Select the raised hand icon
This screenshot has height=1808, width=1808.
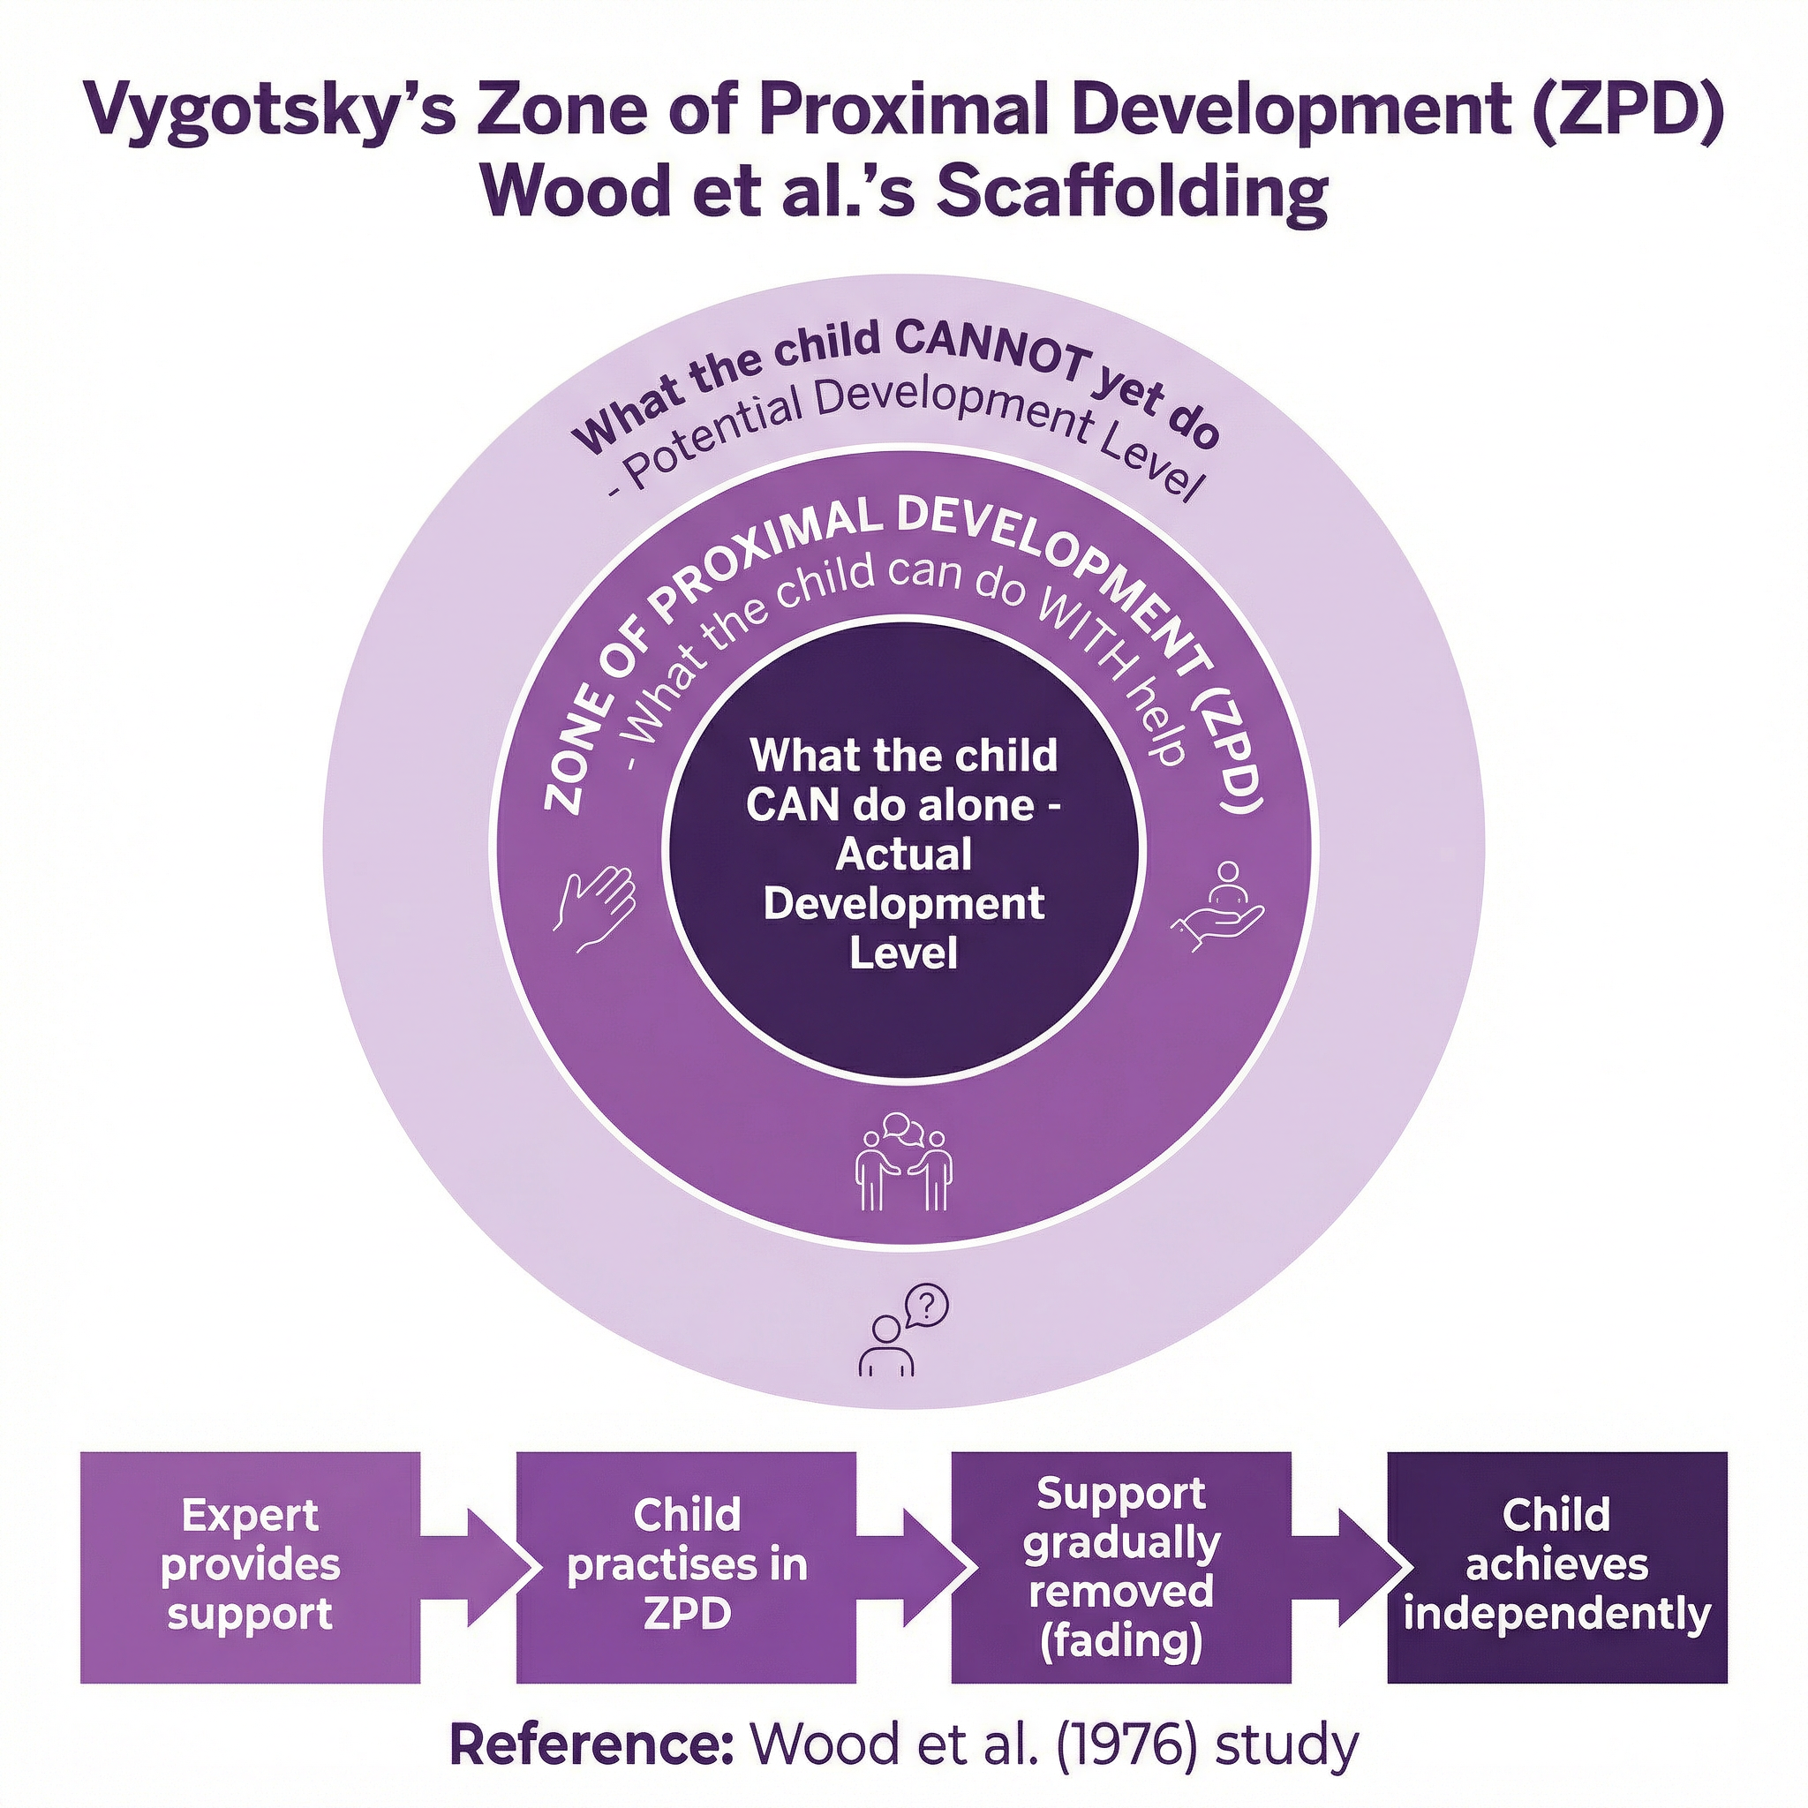[597, 908]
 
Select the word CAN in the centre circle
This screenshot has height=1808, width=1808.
[785, 806]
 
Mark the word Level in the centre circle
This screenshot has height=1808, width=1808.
[903, 953]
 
